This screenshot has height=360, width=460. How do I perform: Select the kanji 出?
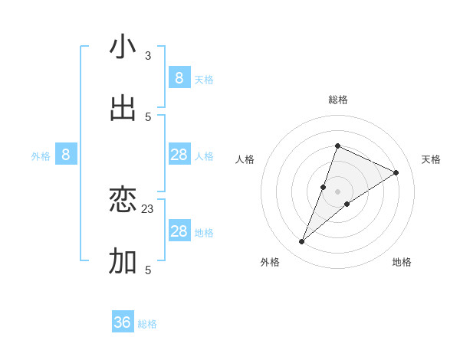click(123, 108)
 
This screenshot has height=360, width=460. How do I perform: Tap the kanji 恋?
click(123, 201)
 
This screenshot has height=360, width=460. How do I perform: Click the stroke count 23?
click(148, 208)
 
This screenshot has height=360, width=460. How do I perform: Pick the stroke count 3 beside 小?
click(148, 56)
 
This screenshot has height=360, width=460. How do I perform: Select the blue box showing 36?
click(123, 322)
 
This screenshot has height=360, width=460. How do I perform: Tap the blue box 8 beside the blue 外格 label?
click(66, 155)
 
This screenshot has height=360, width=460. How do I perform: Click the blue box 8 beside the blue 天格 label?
click(179, 77)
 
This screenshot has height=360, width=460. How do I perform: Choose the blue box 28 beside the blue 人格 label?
click(179, 155)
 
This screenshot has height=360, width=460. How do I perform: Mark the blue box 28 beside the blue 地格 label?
click(179, 231)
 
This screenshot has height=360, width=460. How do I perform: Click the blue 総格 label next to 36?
click(147, 324)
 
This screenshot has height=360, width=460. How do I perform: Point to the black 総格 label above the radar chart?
click(337, 100)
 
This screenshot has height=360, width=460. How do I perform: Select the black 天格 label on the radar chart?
click(431, 159)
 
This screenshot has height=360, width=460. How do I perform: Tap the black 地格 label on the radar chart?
click(402, 262)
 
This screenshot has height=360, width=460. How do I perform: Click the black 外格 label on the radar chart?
click(270, 262)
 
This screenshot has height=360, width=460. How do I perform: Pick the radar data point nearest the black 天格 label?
click(396, 173)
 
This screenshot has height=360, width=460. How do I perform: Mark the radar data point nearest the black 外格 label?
click(302, 242)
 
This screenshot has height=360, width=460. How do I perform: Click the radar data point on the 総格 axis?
click(337, 146)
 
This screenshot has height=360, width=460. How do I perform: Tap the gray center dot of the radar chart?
click(337, 191)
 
